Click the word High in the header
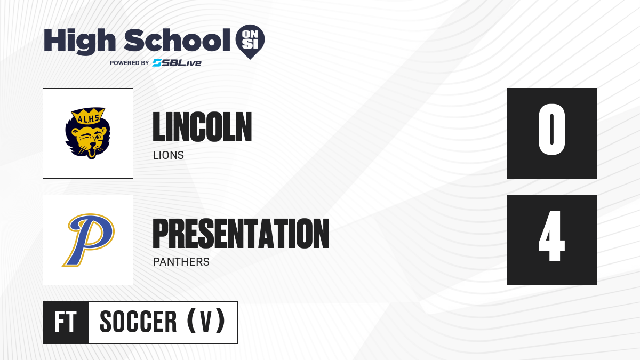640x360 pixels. pos(80,42)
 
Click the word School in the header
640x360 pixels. pos(177,41)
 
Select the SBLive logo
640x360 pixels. pos(177,63)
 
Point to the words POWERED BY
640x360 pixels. pos(130,63)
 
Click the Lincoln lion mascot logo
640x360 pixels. pos(87,133)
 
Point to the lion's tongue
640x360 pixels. pos(91,154)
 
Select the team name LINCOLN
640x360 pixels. pos(202,127)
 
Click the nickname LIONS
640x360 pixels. pos(169,155)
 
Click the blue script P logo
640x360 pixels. pos(89,240)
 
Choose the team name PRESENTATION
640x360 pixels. pos(241,234)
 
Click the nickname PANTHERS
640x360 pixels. pos(181,262)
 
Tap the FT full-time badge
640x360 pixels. pos(66,322)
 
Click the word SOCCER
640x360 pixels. pos(139,322)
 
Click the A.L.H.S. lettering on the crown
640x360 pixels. pos(89,118)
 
